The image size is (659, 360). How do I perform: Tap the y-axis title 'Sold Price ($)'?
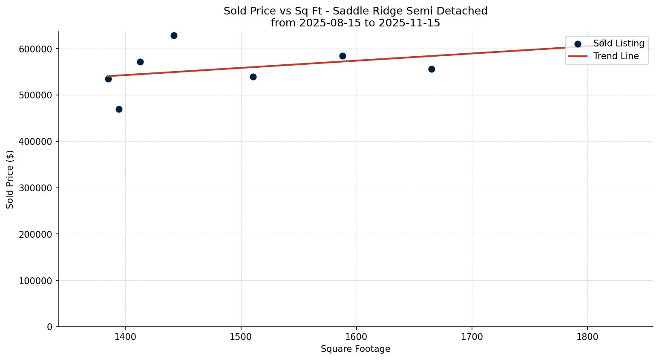(x=10, y=179)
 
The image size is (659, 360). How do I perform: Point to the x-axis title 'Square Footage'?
(x=355, y=349)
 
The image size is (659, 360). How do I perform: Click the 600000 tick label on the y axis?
(x=35, y=49)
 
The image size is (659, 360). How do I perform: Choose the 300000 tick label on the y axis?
(x=35, y=188)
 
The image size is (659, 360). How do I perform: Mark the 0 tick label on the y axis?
(x=49, y=327)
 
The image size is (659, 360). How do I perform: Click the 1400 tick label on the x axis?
(x=125, y=337)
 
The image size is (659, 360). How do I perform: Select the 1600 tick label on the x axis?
(x=357, y=337)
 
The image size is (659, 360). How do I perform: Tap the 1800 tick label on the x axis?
(x=587, y=337)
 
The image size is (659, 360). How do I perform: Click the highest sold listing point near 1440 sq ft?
(x=174, y=35)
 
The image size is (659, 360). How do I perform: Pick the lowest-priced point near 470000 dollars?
(x=119, y=109)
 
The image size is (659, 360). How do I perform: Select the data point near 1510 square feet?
(x=253, y=77)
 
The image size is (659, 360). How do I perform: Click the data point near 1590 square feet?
(x=342, y=56)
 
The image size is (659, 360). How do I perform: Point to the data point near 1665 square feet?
(x=432, y=69)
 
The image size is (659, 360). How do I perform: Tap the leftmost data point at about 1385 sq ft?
(x=108, y=79)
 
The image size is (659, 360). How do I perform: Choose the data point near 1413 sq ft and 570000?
(x=140, y=62)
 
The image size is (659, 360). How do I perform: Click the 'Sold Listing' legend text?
(x=619, y=43)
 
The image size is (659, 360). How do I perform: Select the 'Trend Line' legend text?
(x=616, y=56)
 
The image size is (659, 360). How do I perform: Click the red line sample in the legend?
(x=578, y=56)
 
